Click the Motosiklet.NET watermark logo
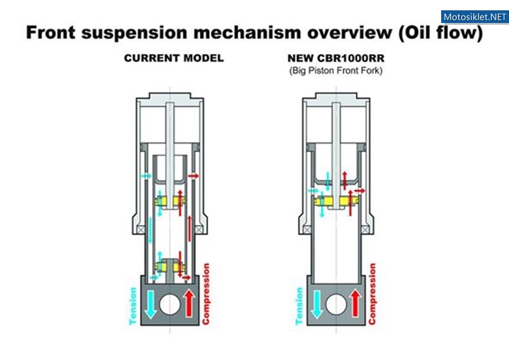coord(475,16)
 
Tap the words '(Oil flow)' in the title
coord(441,33)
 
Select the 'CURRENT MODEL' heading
coord(174,58)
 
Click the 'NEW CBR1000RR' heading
coord(336,58)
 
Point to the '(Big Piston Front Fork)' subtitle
coord(336,70)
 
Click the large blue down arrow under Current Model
coord(150,304)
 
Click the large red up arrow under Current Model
coord(189,303)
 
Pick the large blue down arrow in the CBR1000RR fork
coord(316,304)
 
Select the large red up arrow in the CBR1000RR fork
coord(356,303)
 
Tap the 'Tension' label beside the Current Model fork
coord(133,306)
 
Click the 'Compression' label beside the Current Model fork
coord(206,294)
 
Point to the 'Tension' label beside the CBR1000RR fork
coord(299,306)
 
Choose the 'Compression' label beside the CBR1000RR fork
coord(372,294)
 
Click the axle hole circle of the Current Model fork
coord(170,304)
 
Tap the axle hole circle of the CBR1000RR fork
coord(336,304)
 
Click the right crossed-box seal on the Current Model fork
coord(199,230)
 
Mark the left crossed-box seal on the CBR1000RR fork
coord(307,230)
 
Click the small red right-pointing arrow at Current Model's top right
coord(193,176)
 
